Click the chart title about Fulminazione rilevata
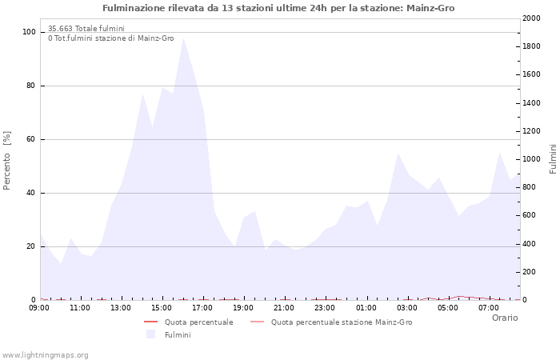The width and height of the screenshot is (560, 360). click(x=279, y=8)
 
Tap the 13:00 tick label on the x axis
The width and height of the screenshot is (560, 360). click(x=121, y=308)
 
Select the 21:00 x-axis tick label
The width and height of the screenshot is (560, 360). click(x=284, y=308)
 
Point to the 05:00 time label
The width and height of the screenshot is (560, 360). click(x=447, y=308)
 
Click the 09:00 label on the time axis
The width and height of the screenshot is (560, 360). click(x=39, y=308)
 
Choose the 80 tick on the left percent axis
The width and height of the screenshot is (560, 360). click(x=30, y=86)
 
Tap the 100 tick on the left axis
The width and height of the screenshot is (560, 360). click(x=28, y=32)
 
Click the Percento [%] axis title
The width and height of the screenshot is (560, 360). click(x=8, y=160)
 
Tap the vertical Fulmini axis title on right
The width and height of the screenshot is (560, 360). click(x=553, y=159)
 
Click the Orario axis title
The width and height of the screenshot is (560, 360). click(x=504, y=318)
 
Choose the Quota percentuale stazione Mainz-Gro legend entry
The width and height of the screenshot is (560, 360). click(x=342, y=322)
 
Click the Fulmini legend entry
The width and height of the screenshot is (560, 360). click(x=177, y=335)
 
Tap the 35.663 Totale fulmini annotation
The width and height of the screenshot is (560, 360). click(x=86, y=29)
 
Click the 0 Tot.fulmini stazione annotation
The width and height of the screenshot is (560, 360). click(x=110, y=38)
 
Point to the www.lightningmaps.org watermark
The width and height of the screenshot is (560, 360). click(x=45, y=355)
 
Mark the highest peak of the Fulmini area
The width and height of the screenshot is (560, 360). click(x=183, y=38)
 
